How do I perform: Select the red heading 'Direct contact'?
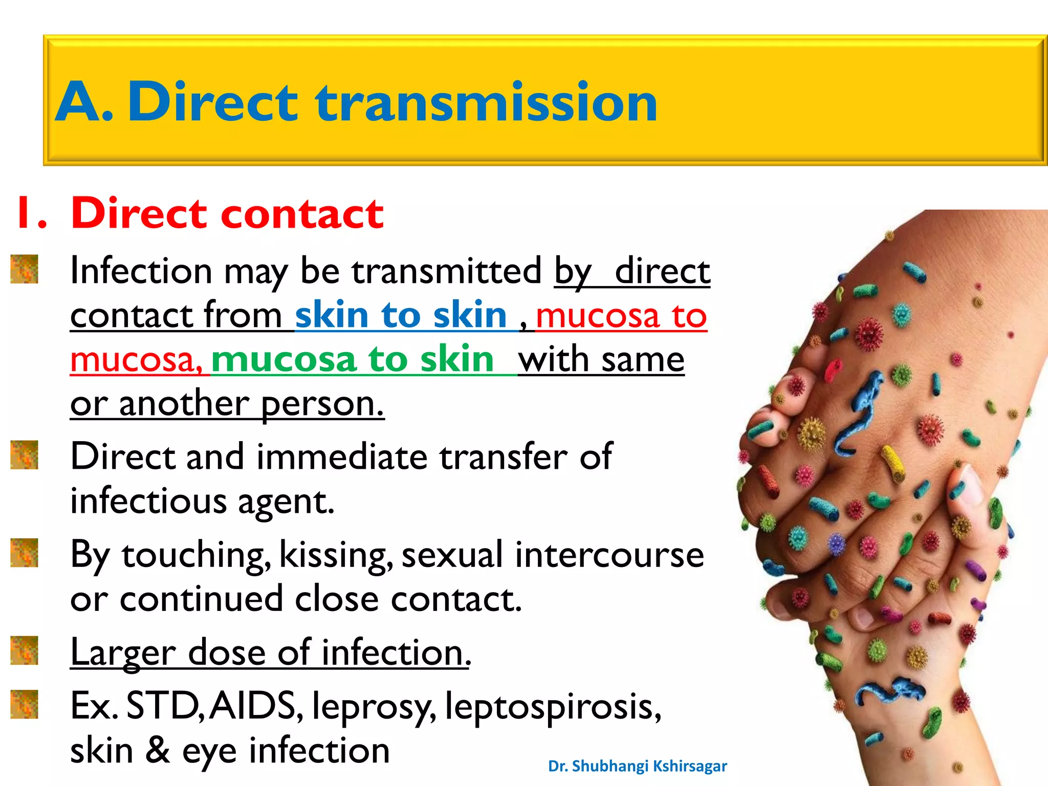(x=227, y=213)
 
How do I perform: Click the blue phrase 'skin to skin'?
(x=400, y=315)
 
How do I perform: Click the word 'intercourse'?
(x=609, y=555)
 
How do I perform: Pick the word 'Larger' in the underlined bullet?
(x=123, y=653)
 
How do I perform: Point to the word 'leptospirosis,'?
(x=553, y=707)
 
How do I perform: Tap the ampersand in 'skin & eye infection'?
(x=158, y=750)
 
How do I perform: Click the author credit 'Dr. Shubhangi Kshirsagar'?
(x=637, y=766)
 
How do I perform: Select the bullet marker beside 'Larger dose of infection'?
(x=24, y=650)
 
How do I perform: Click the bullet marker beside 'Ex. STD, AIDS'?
(x=24, y=704)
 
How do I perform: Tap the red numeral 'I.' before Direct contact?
(x=32, y=213)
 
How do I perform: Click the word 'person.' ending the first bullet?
(x=322, y=404)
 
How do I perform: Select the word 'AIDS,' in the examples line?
(x=256, y=706)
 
